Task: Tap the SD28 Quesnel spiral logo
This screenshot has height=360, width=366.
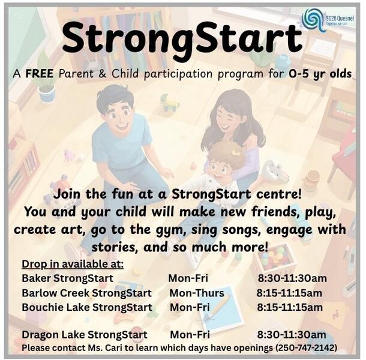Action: [x=313, y=19]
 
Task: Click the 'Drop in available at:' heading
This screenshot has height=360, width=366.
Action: [x=73, y=265]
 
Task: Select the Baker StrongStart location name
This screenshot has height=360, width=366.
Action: [x=67, y=278]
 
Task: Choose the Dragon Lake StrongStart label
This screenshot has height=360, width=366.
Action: [x=84, y=335]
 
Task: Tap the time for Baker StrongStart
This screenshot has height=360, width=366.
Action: [x=292, y=278]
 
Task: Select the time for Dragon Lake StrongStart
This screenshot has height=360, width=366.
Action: [x=292, y=335]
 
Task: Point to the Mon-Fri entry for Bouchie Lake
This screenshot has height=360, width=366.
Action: [x=190, y=307]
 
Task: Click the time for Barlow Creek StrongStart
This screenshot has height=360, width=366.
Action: [x=289, y=293]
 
